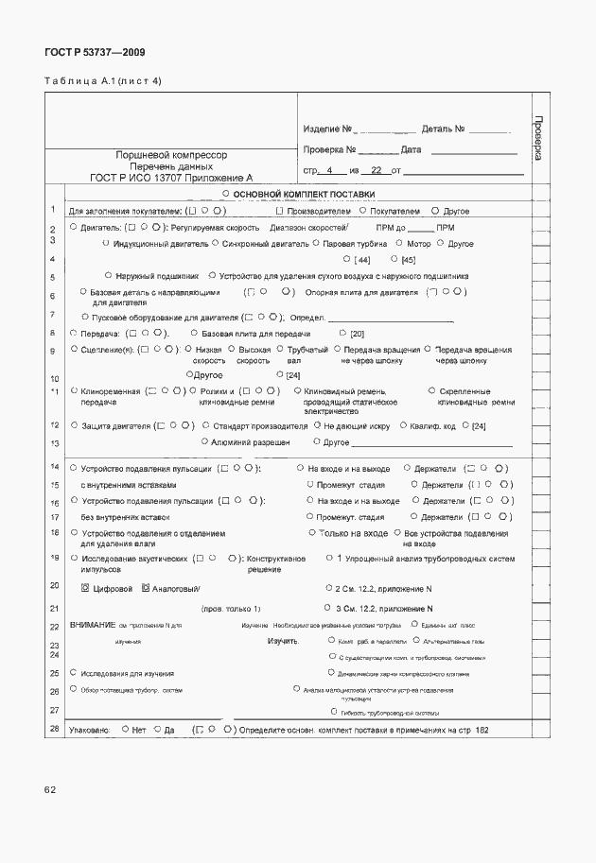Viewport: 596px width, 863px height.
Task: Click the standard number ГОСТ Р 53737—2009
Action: click(95, 53)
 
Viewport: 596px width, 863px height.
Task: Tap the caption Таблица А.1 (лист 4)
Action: click(103, 81)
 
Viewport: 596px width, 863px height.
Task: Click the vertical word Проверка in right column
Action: click(537, 138)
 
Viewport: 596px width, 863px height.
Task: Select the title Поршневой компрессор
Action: click(171, 154)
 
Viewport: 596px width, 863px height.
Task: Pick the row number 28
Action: click(54, 729)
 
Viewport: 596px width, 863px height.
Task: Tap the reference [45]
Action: click(408, 260)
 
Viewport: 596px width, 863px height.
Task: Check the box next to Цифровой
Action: click(86, 588)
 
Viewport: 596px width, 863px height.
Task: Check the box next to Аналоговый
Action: click(146, 588)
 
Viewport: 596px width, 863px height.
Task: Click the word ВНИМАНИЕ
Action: click(93, 625)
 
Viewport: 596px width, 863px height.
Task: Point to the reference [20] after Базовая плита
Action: click(357, 334)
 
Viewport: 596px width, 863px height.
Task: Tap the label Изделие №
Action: click(328, 129)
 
